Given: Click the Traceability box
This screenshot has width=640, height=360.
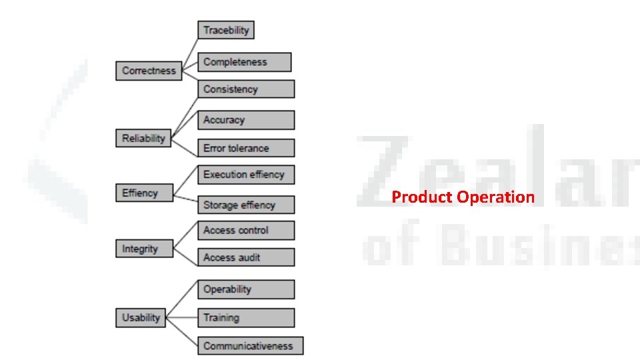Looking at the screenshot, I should click(226, 30).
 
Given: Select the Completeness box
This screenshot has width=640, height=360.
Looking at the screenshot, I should click(244, 62).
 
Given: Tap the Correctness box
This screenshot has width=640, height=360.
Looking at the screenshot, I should click(149, 71).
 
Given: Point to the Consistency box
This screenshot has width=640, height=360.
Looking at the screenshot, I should click(245, 89).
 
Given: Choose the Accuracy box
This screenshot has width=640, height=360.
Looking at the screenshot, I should click(245, 120).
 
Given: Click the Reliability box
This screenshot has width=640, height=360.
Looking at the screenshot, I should click(143, 139).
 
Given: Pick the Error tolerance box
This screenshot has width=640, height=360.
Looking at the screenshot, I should click(245, 148).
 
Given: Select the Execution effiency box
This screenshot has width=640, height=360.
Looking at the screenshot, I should click(245, 175).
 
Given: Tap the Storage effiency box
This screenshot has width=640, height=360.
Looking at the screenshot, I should click(245, 205).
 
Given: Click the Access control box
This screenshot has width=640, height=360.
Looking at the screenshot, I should click(245, 231).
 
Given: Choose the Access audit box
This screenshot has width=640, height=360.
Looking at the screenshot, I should click(245, 257).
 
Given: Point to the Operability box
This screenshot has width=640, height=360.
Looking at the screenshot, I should click(245, 289).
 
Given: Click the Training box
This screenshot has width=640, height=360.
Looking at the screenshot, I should click(245, 318).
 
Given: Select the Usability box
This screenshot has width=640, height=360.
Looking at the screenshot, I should click(141, 318).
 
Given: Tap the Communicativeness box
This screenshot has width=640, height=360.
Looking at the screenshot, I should click(250, 346).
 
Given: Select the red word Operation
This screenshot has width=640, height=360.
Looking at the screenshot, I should click(495, 197).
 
